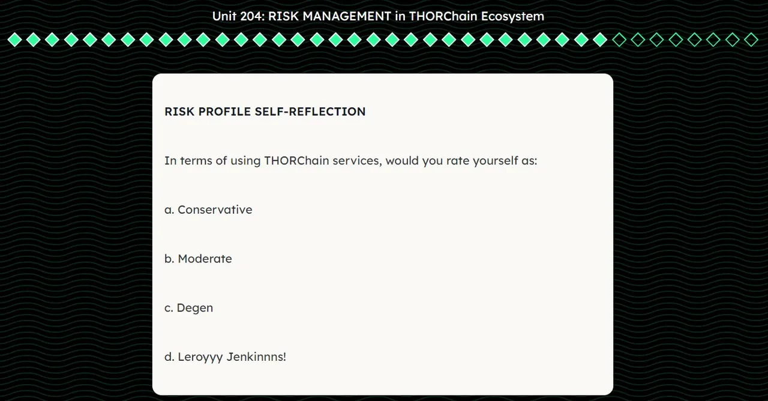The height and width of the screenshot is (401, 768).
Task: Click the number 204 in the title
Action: tap(253, 16)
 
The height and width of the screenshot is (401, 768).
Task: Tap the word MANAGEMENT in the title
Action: tap(347, 16)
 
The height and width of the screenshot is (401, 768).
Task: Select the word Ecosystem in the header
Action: tap(512, 16)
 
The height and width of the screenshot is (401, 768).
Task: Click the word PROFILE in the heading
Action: tap(224, 112)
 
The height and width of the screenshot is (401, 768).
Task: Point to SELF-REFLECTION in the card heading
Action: tap(310, 112)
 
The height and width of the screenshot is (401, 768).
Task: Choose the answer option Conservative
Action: tap(215, 210)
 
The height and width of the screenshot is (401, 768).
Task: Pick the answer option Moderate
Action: tap(205, 259)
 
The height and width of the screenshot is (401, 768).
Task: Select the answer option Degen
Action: tap(195, 308)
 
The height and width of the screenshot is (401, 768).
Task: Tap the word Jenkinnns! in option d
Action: tap(256, 357)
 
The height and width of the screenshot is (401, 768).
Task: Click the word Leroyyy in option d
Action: tap(200, 357)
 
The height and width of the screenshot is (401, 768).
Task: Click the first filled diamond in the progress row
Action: tap(15, 40)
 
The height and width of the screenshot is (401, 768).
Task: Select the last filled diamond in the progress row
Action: tap(600, 40)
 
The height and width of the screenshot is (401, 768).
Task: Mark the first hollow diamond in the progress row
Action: tap(619, 40)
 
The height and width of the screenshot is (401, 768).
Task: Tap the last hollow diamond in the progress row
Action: tap(751, 40)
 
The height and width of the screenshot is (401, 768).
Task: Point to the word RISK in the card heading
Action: tap(179, 112)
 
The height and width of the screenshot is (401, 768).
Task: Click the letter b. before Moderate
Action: tap(169, 259)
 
